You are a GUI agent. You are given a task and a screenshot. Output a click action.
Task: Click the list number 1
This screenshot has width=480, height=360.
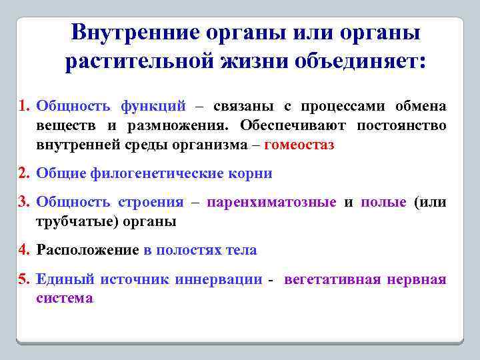point(24,107)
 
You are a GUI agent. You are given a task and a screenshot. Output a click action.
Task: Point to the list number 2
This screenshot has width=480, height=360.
point(24,173)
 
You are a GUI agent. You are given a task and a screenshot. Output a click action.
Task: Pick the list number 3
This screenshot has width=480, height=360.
point(24,202)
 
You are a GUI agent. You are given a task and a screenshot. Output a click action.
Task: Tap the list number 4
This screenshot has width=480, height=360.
point(24,250)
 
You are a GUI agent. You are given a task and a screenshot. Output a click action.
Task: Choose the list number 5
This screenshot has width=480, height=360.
point(24,279)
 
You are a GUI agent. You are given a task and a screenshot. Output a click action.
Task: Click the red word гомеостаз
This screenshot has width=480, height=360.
point(299,144)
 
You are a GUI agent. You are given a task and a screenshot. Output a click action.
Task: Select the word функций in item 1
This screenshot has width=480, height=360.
point(153,107)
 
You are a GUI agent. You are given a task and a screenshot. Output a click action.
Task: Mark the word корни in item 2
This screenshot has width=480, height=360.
point(250,173)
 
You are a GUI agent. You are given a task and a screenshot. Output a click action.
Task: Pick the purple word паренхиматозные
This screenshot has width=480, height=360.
point(271,202)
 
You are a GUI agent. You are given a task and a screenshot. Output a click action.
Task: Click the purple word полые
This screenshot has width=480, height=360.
point(383,202)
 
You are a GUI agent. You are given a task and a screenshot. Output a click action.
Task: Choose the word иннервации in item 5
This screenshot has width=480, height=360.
point(219,279)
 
